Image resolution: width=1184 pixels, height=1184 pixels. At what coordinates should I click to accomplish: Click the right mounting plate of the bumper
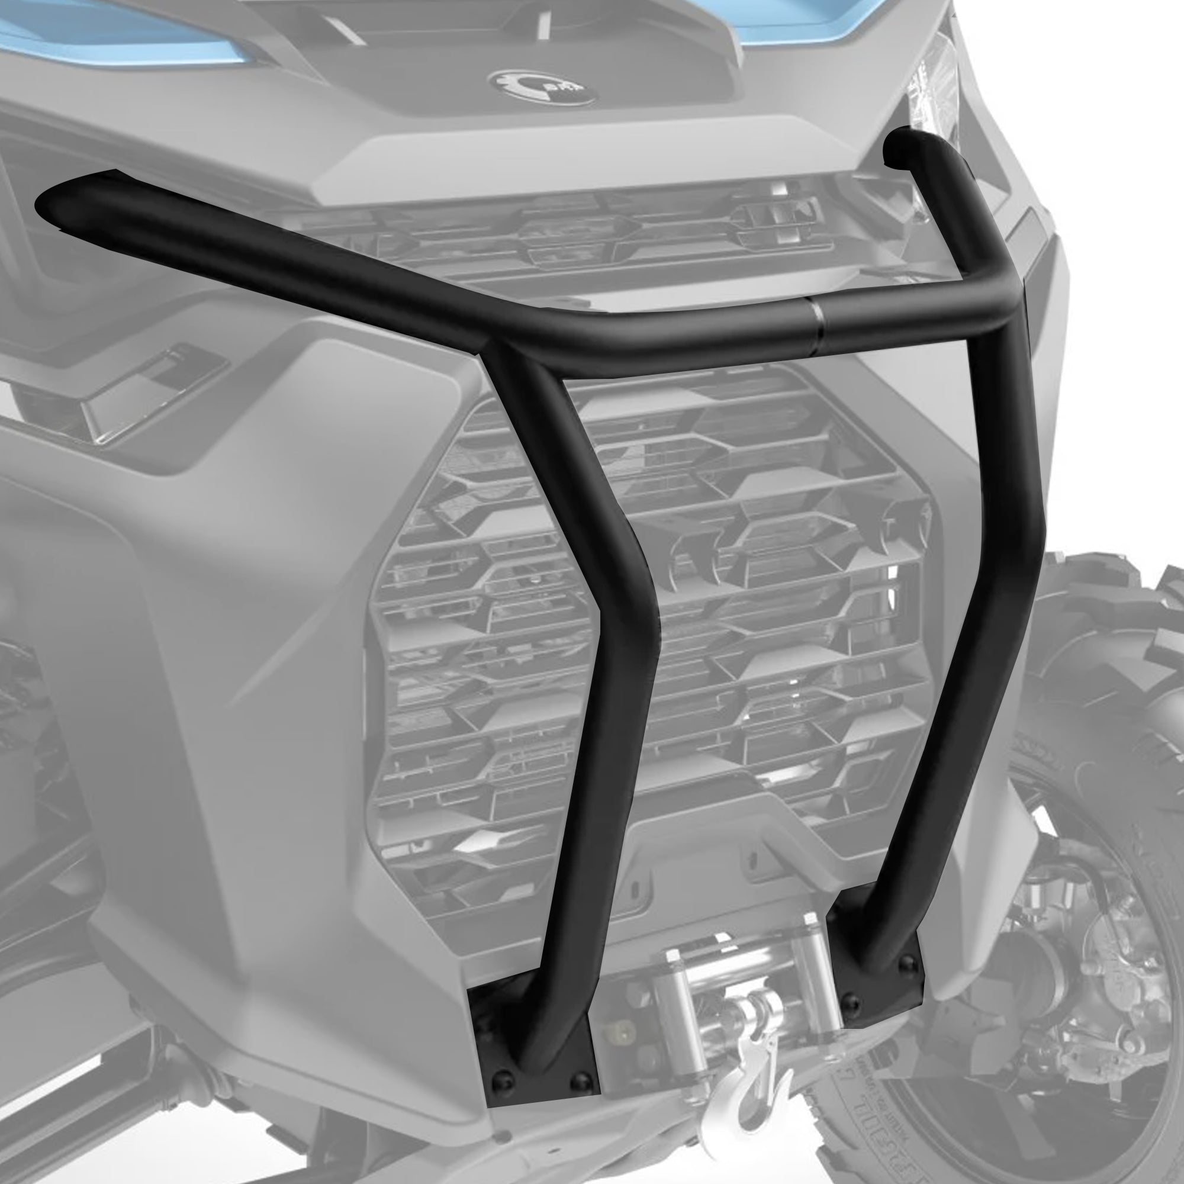(876, 944)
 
